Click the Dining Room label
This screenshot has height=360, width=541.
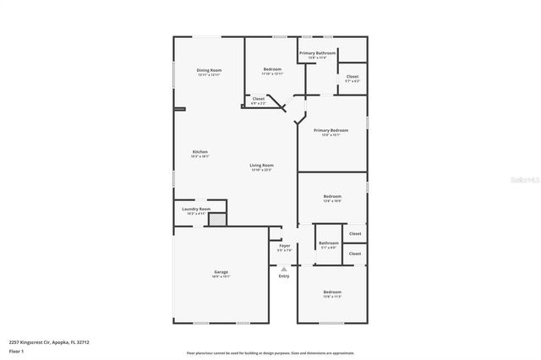coord(209,69)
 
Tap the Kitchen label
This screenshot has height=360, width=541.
coord(199,152)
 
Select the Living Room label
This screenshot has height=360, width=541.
coord(261,165)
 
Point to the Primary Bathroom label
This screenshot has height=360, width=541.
coord(317,52)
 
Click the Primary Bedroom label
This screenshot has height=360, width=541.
coord(331,130)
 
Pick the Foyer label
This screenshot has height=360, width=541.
coord(284,246)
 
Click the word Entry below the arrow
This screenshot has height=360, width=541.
coord(284,275)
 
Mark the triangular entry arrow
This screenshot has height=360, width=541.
coord(284,268)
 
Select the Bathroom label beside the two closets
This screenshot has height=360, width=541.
coord(328,243)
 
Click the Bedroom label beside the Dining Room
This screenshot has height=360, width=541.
coord(272,68)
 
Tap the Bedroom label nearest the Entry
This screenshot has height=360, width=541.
coord(331,292)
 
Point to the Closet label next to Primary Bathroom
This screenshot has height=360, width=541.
coord(352,76)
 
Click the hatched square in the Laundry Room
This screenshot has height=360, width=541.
coord(217,219)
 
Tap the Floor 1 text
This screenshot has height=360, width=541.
coord(16,349)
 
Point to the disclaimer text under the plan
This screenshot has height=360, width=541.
coord(270,352)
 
